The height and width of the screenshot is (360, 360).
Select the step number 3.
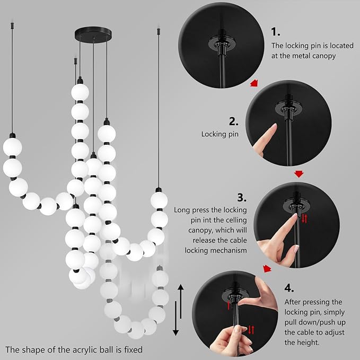click(242, 198)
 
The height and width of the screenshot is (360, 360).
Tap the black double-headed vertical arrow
click(180, 310)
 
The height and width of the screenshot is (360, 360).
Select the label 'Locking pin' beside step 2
click(219, 134)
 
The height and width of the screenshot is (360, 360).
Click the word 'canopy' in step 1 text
click(324, 56)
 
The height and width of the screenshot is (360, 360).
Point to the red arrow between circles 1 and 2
click(256, 83)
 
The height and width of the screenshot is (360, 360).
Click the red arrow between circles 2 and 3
click(299, 174)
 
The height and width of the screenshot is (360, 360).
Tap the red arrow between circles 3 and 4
click(268, 269)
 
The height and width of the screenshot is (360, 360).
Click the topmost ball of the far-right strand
click(159, 200)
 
